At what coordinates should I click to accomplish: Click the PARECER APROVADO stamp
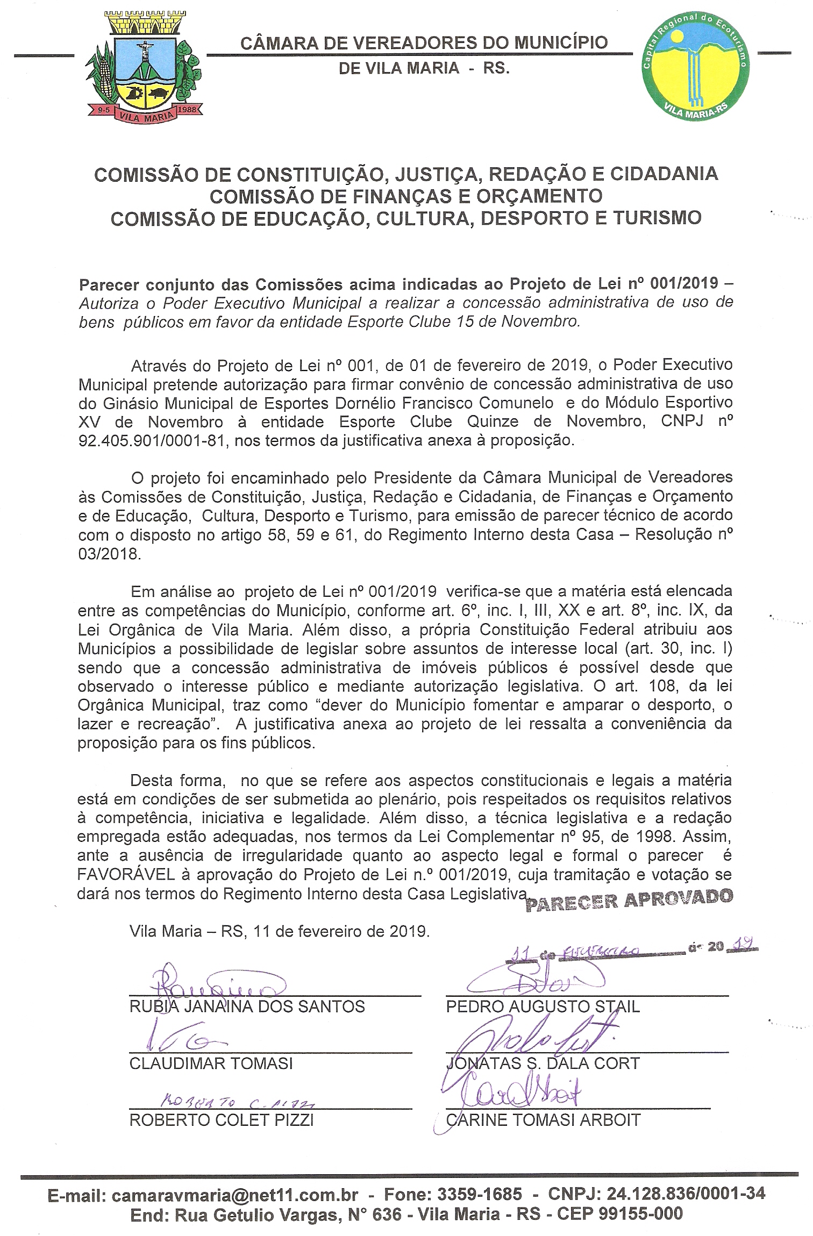point(629,899)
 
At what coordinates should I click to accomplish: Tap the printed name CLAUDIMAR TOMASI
point(211,1063)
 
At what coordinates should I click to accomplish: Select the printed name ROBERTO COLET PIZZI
point(222,1120)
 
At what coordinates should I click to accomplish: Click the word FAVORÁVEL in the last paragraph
point(126,875)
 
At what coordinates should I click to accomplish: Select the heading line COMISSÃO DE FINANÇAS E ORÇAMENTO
point(406,197)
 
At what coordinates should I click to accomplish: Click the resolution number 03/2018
point(110,554)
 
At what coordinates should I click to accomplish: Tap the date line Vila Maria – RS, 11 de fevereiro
point(280,931)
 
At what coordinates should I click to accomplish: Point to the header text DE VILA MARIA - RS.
point(424,68)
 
